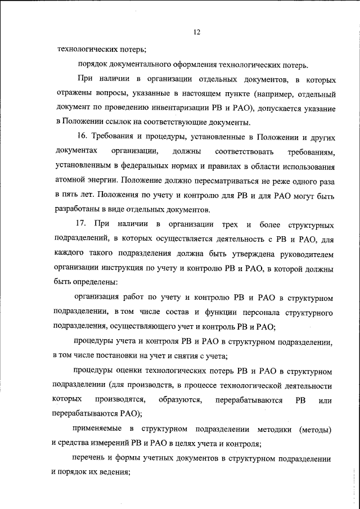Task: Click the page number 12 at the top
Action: tap(197, 33)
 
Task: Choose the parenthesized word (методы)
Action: tap(315, 429)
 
